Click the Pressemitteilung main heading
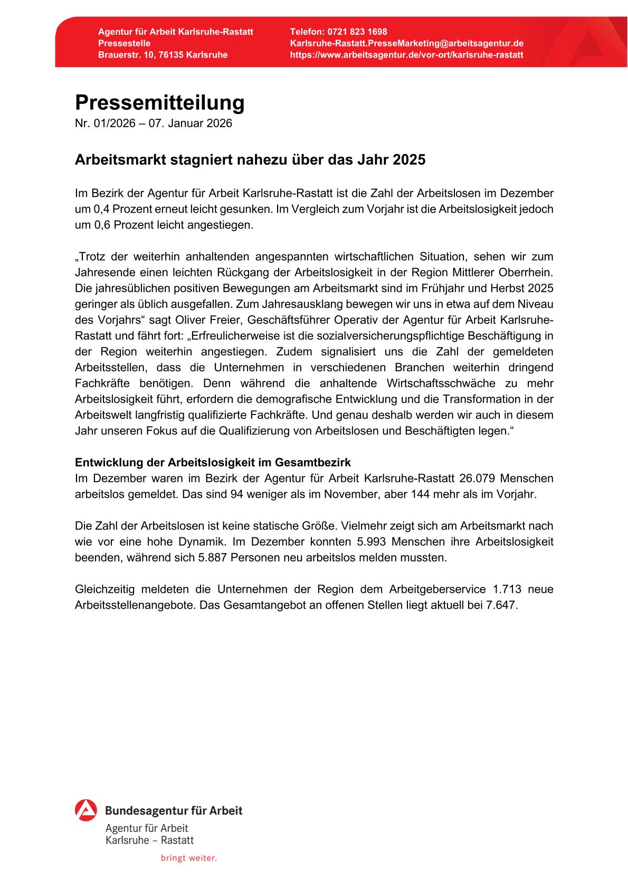(159, 102)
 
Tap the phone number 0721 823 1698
(357, 32)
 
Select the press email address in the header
(406, 43)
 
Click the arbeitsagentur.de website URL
(406, 55)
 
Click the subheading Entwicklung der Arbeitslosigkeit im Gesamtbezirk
(213, 462)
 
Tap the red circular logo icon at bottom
(86, 810)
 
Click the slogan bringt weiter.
(188, 858)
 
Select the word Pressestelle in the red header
(124, 43)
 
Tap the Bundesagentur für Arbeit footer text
(174, 810)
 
